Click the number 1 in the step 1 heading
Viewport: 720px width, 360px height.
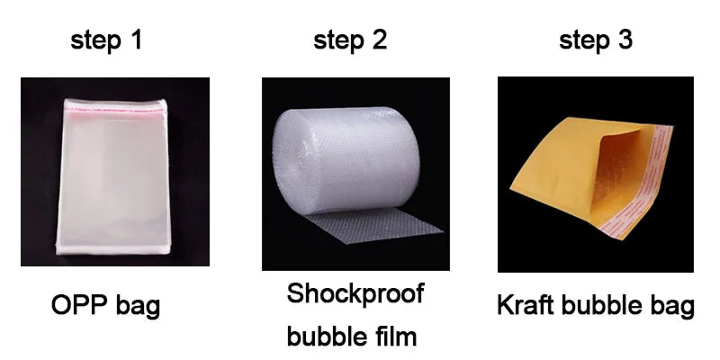136,40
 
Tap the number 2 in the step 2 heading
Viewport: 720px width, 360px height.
379,40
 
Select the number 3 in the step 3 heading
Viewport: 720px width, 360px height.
625,40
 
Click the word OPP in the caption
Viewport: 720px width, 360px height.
80,305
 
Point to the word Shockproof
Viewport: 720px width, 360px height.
355,294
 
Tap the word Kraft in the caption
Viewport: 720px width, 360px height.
525,305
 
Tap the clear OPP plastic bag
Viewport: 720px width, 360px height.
112,176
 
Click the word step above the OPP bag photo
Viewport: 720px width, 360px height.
96,41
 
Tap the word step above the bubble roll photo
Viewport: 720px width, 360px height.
339,41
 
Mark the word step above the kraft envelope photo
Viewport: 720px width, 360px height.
585,41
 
